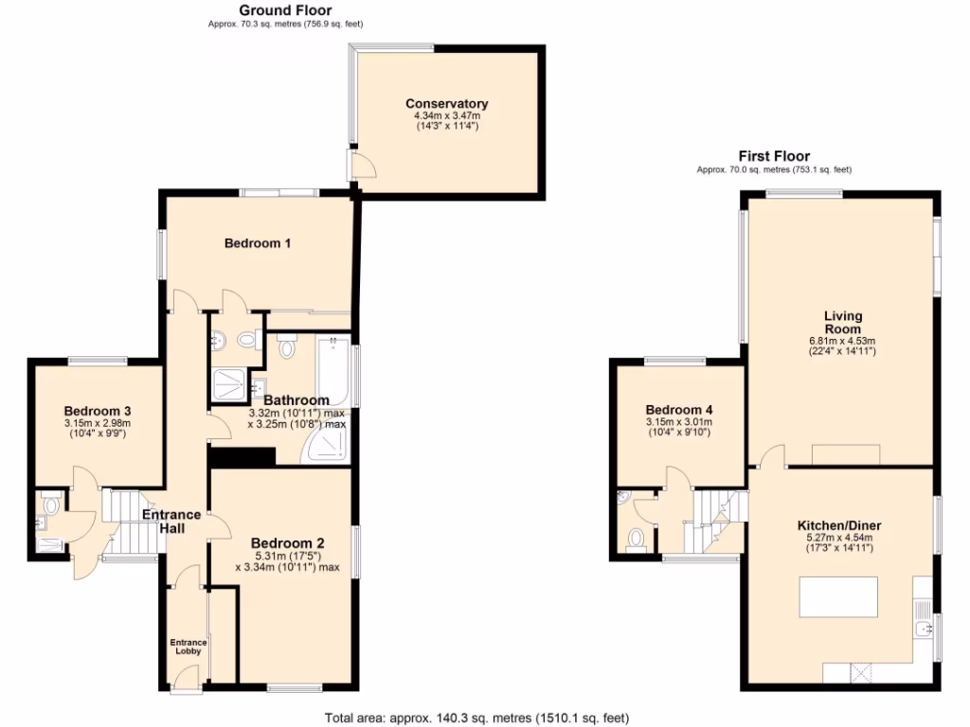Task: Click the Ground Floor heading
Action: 285,10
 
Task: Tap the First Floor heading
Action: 774,156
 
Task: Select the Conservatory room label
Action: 446,103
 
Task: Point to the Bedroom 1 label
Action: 257,243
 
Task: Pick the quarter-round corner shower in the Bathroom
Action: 325,445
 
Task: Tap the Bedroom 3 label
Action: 97,411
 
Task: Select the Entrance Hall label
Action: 171,522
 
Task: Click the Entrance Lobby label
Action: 188,647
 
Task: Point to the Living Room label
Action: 842,322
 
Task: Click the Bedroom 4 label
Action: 677,411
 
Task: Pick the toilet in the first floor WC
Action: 636,539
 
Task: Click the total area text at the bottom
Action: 476,718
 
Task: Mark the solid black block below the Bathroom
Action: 241,457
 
